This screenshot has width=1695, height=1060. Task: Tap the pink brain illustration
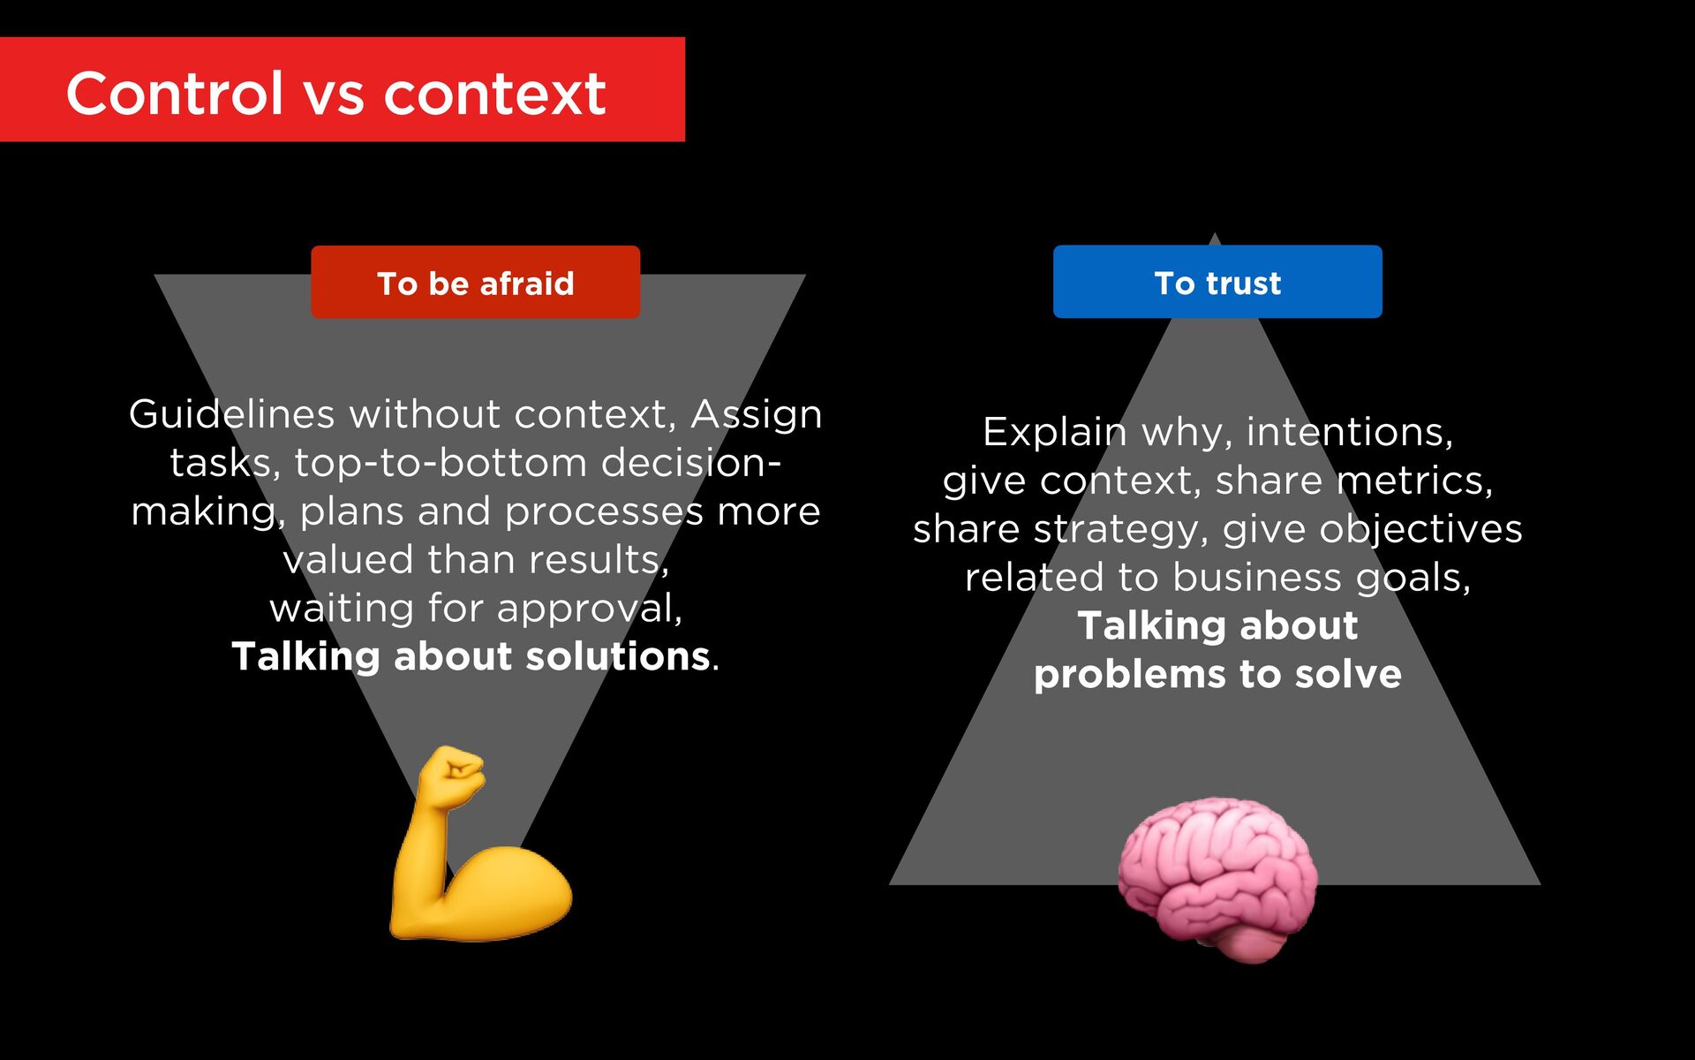pos(1218,879)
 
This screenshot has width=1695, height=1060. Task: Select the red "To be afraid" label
pos(475,283)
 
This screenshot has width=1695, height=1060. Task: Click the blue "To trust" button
pos(1217,283)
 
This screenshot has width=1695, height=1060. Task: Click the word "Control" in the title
pos(175,94)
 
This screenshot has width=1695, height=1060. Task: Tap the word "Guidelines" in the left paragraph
pos(231,414)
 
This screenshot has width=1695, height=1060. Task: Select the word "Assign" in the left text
pos(757,414)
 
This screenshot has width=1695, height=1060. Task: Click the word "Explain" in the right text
pos(1055,432)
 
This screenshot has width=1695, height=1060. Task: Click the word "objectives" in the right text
pos(1420,529)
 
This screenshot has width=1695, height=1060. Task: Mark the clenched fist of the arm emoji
pos(452,775)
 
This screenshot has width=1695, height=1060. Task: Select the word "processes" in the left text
pos(604,511)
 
